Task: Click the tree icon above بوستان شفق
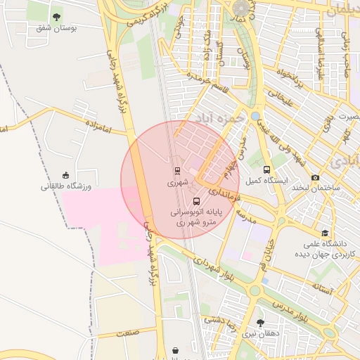56,16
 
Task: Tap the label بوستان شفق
56,29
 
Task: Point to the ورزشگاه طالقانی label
66,187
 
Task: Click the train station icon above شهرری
177,170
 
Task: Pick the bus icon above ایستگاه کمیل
266,169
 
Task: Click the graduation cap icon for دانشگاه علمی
325,233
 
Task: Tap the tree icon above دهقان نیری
261,323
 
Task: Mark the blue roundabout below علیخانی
255,116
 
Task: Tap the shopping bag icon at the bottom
174,349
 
